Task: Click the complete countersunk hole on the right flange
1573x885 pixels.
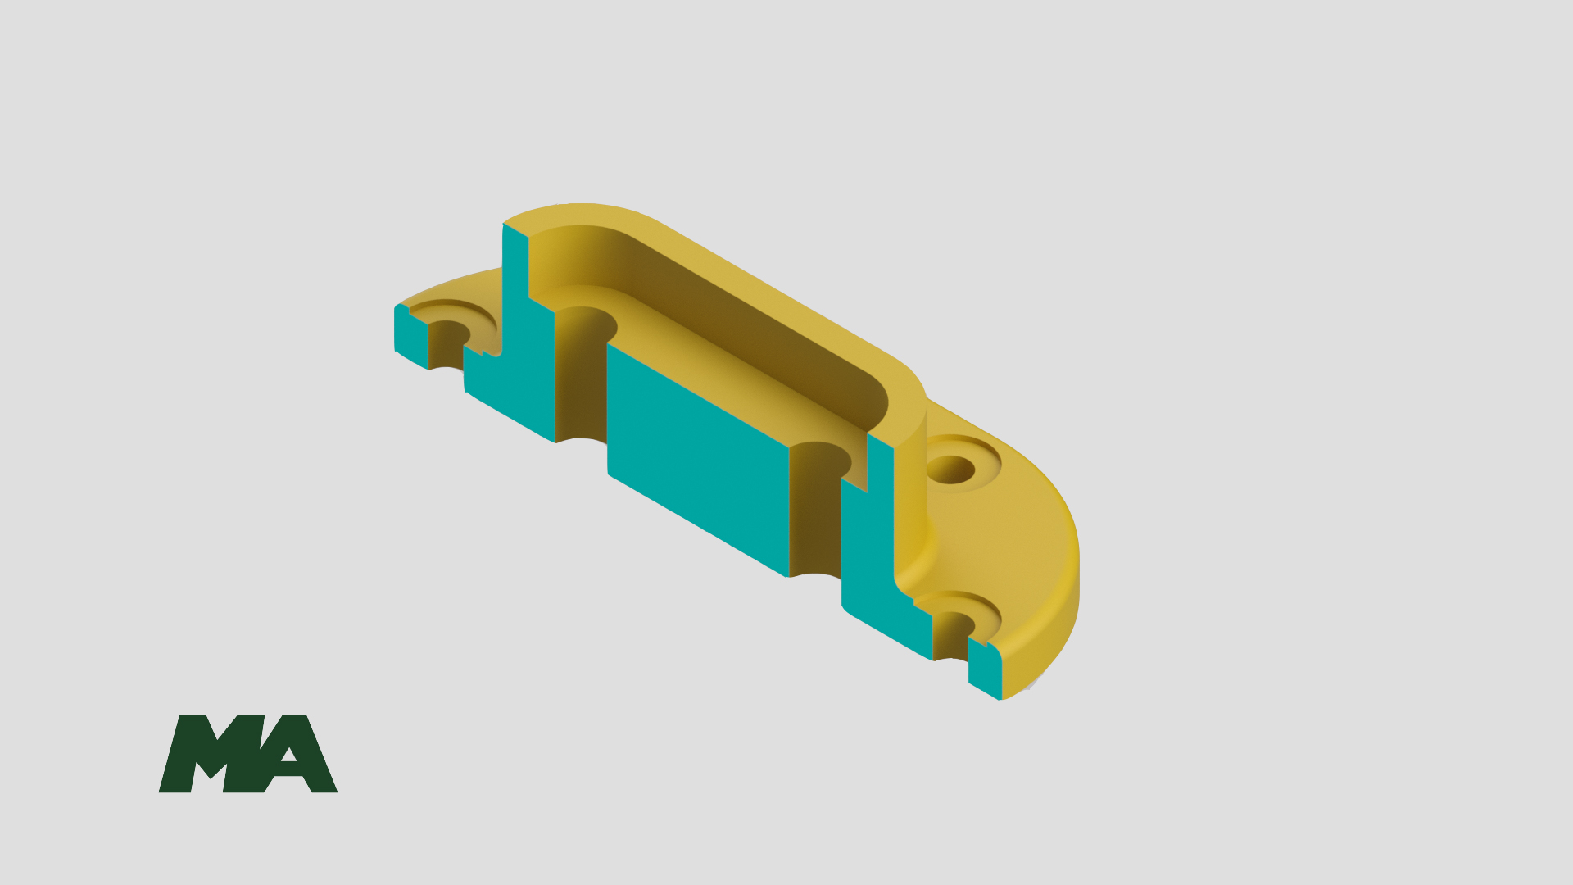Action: click(x=952, y=469)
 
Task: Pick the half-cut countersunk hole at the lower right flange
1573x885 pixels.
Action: click(x=955, y=623)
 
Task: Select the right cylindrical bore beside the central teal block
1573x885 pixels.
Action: click(x=816, y=508)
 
